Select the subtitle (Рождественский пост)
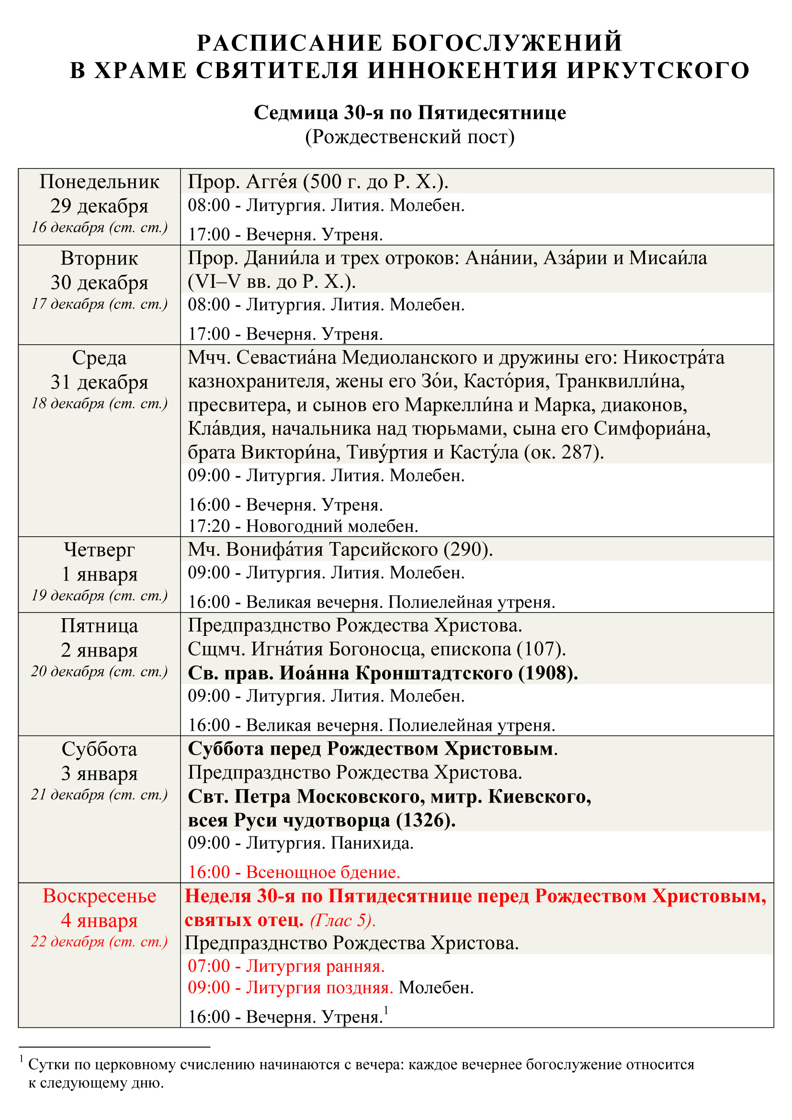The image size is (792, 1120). (x=410, y=137)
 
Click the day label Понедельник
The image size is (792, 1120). (x=100, y=182)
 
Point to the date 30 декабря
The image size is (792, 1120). (x=100, y=283)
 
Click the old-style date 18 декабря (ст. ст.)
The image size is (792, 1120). (x=100, y=403)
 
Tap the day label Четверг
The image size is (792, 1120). (x=100, y=550)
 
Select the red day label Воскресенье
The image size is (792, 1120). (x=100, y=896)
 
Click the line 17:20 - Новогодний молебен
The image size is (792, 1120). (x=303, y=526)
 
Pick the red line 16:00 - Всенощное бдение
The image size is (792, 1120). (x=294, y=872)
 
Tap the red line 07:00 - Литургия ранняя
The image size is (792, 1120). (x=286, y=966)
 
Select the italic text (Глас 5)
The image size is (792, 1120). (x=342, y=920)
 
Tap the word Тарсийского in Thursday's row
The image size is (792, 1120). (x=384, y=550)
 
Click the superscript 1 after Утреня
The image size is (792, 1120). (x=386, y=1010)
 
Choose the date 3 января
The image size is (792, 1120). (x=100, y=774)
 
